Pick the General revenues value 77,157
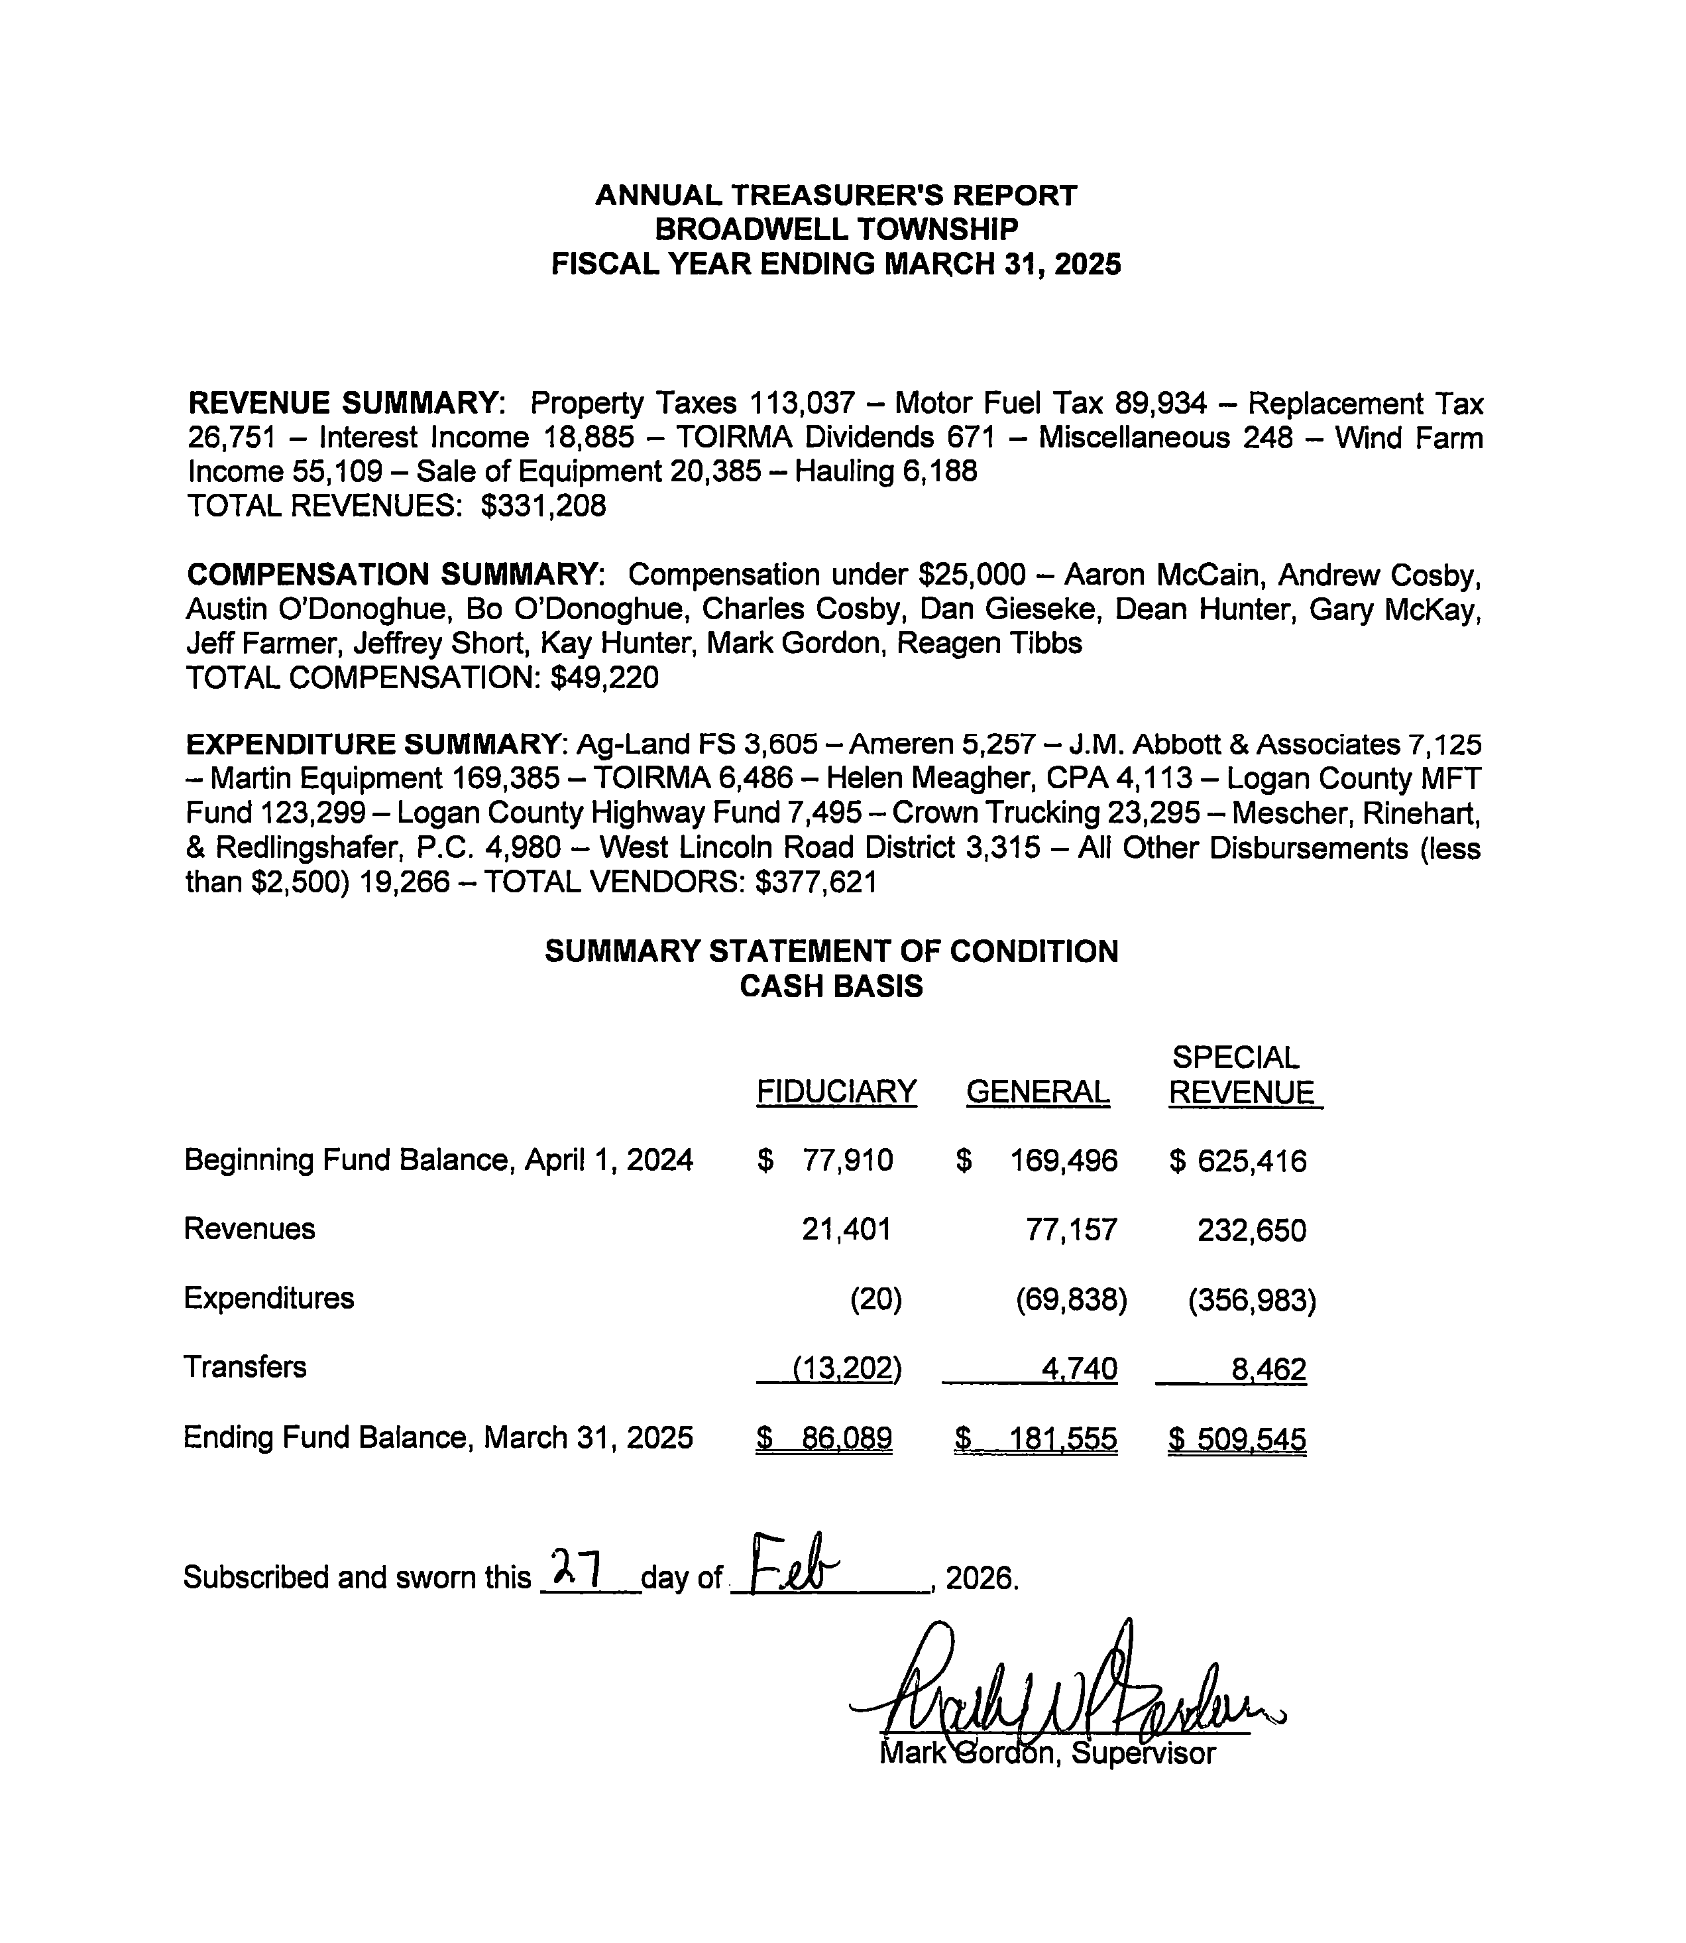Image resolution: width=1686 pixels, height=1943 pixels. coord(1072,1230)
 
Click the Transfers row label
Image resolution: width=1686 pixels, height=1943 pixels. coord(245,1366)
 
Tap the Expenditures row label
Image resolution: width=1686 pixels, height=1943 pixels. coord(268,1299)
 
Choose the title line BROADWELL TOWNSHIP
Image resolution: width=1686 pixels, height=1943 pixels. coord(836,229)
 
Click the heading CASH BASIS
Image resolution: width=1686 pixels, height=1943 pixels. coord(831,986)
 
